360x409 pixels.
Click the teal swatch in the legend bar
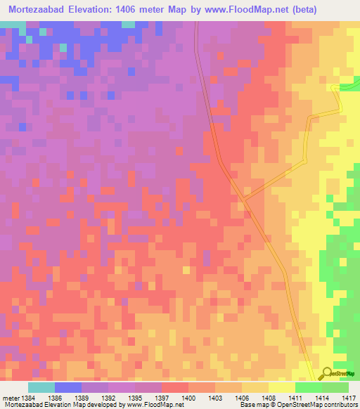pyautogui.click(x=41, y=387)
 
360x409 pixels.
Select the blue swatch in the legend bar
pyautogui.click(x=68, y=387)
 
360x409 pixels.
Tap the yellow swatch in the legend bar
pyautogui.click(x=282, y=387)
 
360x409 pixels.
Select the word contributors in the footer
pyautogui.click(x=342, y=405)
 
